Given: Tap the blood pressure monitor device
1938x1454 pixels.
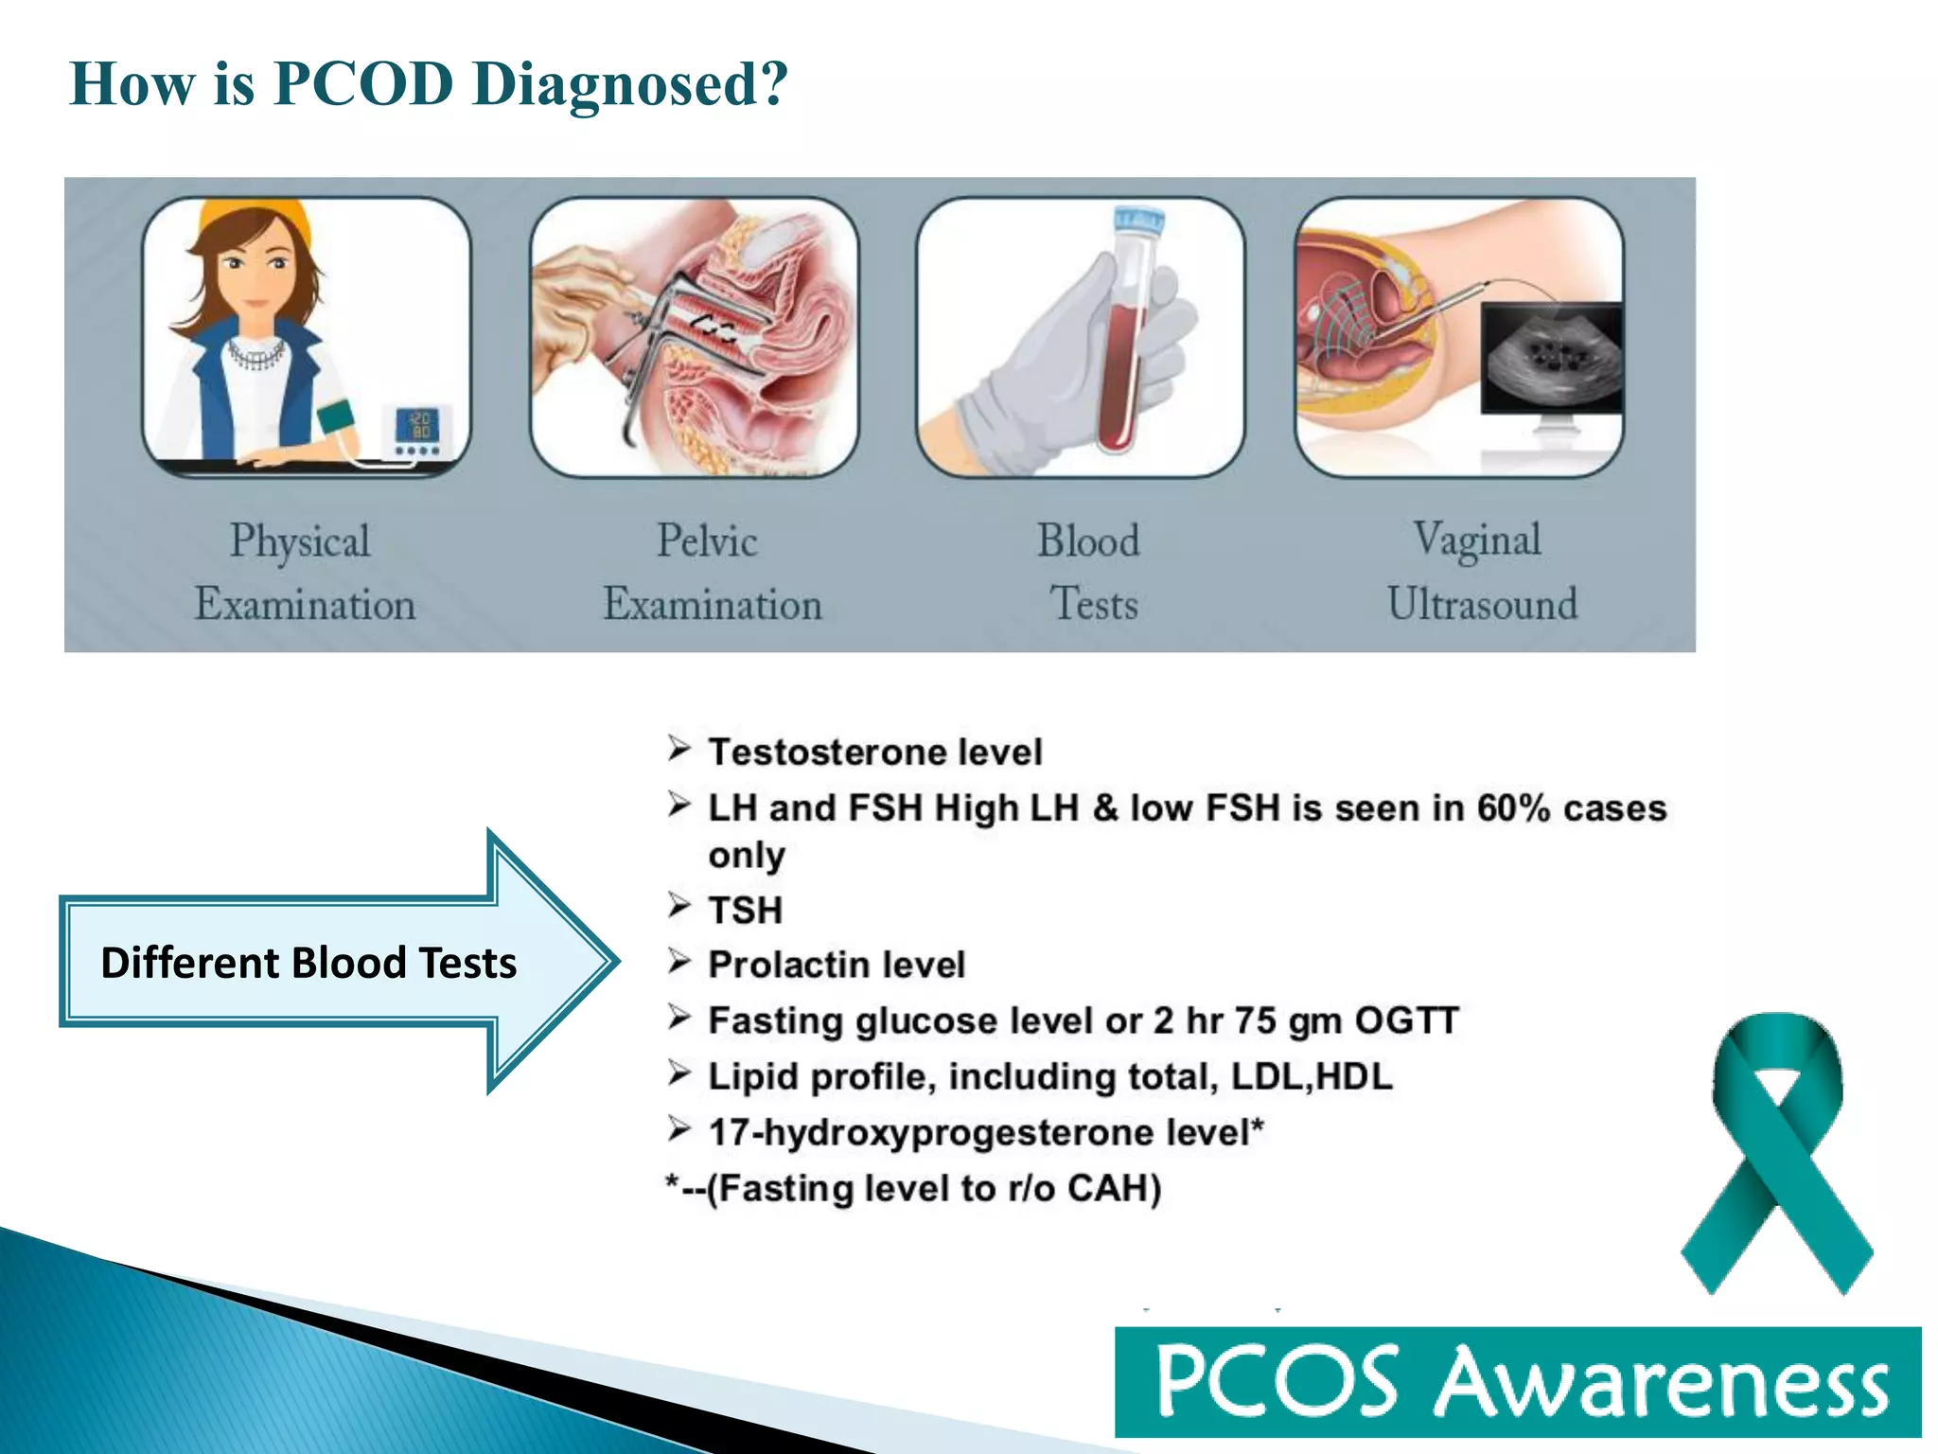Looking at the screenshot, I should click(417, 430).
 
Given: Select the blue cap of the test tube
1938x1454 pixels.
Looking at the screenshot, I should click(1137, 220).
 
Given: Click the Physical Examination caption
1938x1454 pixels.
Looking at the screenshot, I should click(304, 573).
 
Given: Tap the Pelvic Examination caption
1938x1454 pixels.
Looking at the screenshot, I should click(712, 573).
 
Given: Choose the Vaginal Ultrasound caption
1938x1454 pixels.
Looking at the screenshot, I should click(1481, 573).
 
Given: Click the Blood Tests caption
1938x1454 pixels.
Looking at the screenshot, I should click(1090, 573).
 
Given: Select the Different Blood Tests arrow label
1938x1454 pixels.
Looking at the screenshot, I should click(308, 963).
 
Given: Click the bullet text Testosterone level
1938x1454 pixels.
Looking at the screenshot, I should click(874, 753).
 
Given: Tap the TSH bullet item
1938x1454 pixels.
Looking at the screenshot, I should click(745, 911).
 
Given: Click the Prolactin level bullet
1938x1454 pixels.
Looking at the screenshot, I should click(837, 966).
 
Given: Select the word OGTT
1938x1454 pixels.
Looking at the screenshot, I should click(1406, 1020).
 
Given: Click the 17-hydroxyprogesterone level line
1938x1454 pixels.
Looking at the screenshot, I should click(984, 1133).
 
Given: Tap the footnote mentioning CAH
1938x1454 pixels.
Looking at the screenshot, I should click(914, 1189).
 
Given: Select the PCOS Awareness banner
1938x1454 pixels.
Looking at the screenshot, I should click(1517, 1382).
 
